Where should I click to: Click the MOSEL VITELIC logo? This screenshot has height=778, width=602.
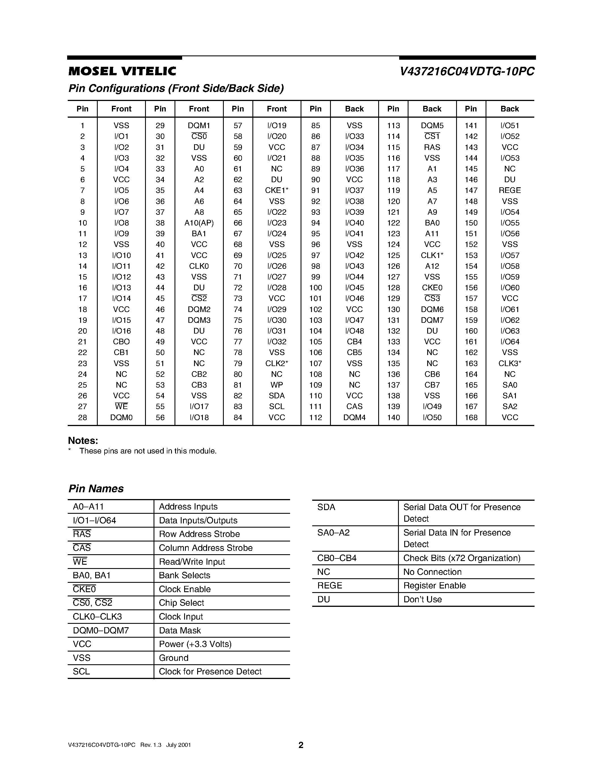[122, 72]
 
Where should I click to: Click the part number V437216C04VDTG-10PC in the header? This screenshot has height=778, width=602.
[467, 72]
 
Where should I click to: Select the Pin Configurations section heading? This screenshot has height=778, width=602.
[176, 88]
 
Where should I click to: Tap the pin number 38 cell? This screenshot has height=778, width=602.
[160, 223]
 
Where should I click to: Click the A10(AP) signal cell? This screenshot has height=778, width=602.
[199, 223]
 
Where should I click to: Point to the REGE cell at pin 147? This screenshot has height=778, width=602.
[510, 191]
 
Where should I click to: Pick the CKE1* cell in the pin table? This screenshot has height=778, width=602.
[276, 191]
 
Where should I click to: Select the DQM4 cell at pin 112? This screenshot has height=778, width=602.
[354, 418]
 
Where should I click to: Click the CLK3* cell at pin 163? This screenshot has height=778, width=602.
[510, 363]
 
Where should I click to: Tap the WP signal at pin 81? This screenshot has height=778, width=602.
[276, 385]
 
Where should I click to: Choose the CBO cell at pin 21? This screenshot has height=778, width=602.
[121, 342]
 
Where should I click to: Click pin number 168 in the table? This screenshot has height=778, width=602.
[471, 418]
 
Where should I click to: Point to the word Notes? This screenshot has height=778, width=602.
[83, 441]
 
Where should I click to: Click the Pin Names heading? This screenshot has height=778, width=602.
[96, 488]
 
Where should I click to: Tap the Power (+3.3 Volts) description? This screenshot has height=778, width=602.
[195, 644]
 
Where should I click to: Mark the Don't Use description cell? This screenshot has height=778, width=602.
[422, 599]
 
